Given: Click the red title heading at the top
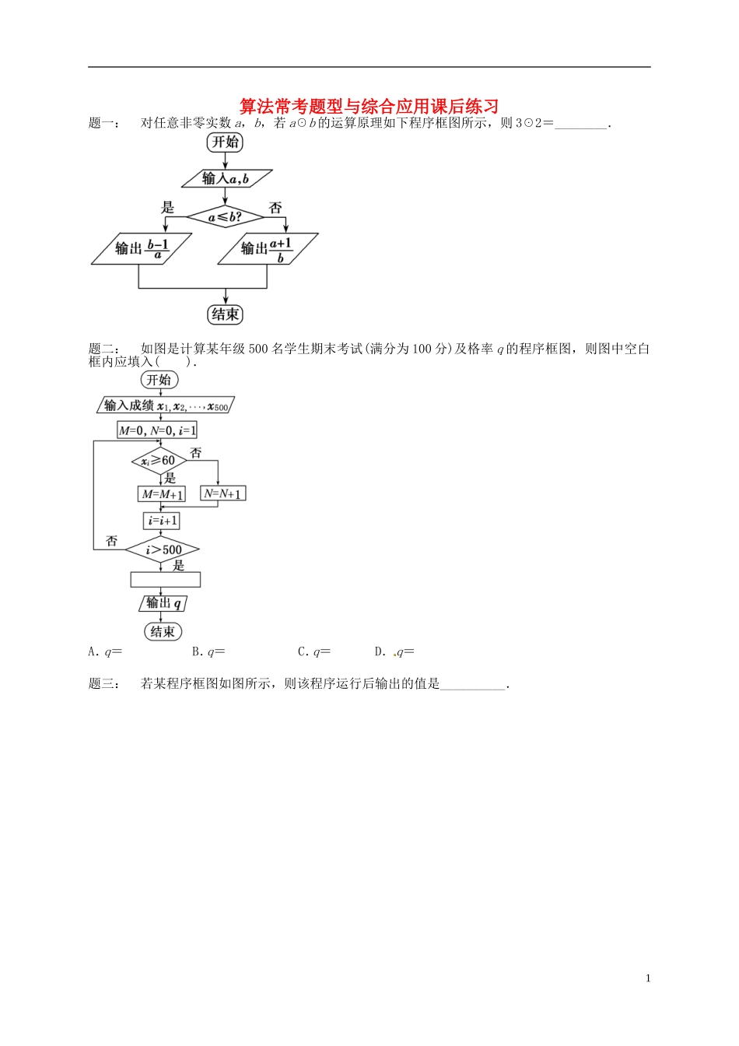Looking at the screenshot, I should pos(369,106).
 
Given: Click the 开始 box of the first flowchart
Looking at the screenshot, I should pos(225,142).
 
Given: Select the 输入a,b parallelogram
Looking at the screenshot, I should pos(226,179).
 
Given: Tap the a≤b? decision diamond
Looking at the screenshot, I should pos(226,217).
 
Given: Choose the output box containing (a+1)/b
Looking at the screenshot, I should pos(268,249).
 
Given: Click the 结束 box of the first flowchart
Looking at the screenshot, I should pos(225,314).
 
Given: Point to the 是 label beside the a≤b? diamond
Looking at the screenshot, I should pos(168,208).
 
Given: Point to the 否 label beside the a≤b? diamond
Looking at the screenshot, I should pos(275,208).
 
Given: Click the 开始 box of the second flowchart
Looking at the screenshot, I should pos(159,380).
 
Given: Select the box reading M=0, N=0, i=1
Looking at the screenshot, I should pos(157,430).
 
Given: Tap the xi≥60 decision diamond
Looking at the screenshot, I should pos(159,461).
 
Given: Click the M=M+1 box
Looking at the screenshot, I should pos(162,494).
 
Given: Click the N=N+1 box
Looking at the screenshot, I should pos(223,493).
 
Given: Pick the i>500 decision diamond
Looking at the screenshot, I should pos(163,550).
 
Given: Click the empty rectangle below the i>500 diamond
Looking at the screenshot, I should pos(165,580).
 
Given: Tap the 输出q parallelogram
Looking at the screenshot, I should pos(163,603).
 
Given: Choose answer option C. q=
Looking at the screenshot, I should pos(314,652).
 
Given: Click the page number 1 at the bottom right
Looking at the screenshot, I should pos(648,978).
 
